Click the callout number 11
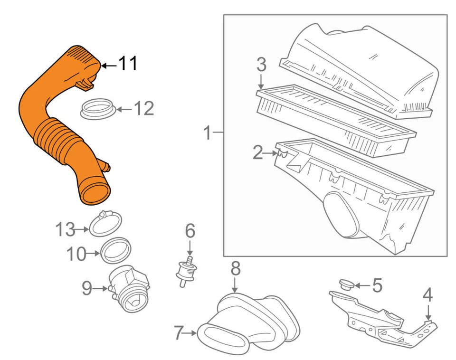pos(127,64)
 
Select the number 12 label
pos(143,109)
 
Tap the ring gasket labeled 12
pos(97,110)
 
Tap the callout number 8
pos(235,269)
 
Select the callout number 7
pos(179,333)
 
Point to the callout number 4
pos(427,295)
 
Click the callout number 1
pos(207,133)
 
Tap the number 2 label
pos(258,153)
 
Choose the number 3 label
pos(261,65)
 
